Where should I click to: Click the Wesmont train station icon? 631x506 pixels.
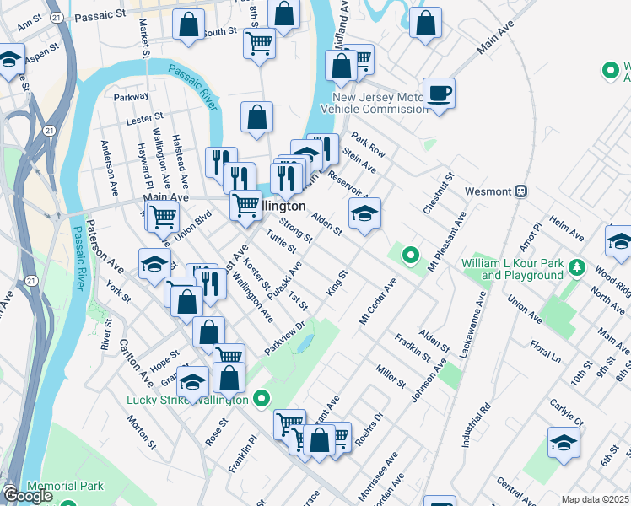[x=521, y=191]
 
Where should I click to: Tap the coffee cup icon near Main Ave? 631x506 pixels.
[x=439, y=92]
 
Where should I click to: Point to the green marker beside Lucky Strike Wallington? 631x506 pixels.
[x=262, y=398]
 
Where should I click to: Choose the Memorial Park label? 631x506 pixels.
[x=65, y=486]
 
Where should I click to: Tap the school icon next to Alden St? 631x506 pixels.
[x=364, y=213]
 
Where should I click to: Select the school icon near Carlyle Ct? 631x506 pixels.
[x=564, y=442]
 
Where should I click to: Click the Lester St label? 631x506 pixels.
[x=143, y=120]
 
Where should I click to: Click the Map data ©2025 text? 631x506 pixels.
[x=596, y=499]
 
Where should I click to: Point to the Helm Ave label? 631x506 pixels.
[x=566, y=228]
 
